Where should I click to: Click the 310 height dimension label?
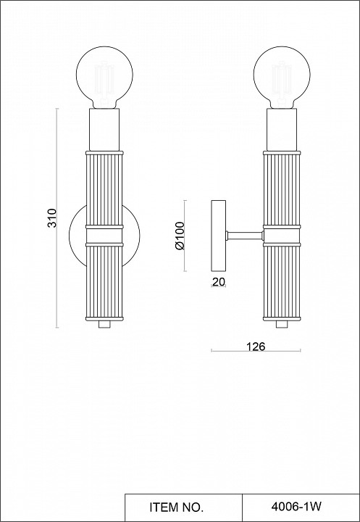(x=51, y=218)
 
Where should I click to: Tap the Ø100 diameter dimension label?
(x=180, y=236)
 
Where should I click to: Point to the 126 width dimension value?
(x=255, y=347)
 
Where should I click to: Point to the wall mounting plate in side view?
(x=217, y=235)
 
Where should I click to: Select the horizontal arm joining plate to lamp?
(x=244, y=235)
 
